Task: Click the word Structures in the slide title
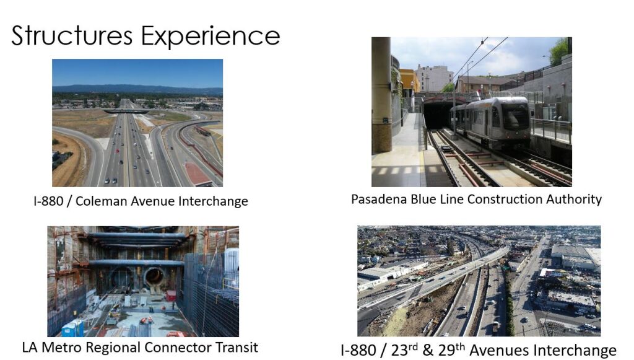(x=72, y=35)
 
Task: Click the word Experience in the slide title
(x=211, y=37)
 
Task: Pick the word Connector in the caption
(x=185, y=348)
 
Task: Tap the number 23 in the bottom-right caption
(x=400, y=350)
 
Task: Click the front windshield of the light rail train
(x=515, y=117)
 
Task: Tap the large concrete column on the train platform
(x=381, y=95)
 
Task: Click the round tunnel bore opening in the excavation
(x=154, y=277)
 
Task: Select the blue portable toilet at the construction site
(x=73, y=328)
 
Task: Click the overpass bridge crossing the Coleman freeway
(x=126, y=112)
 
